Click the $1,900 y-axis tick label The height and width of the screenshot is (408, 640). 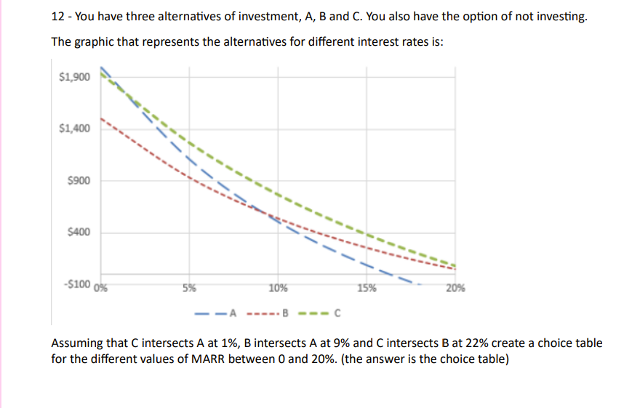[74, 77]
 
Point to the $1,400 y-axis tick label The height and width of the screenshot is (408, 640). [74, 129]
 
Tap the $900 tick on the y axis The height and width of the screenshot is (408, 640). [78, 181]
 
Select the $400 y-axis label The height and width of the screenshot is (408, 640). [78, 232]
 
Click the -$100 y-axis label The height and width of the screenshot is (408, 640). [76, 284]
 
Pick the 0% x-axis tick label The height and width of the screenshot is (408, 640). [103, 287]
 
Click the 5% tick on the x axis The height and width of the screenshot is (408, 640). [189, 287]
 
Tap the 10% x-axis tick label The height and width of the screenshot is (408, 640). [278, 287]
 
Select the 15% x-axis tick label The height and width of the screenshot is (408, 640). [367, 287]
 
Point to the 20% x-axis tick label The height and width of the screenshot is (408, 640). [455, 287]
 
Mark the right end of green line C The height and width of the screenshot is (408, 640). [455, 265]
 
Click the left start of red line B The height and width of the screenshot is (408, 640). [101, 118]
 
